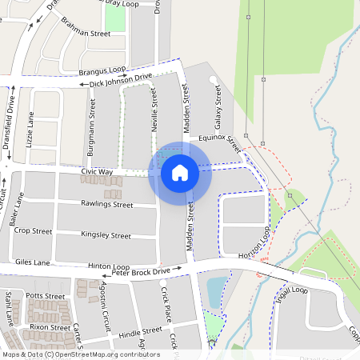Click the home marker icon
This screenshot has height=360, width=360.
pyautogui.click(x=180, y=173)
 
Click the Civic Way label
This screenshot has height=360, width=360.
pyautogui.click(x=96, y=172)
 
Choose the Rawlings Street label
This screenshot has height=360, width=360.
pyautogui.click(x=106, y=205)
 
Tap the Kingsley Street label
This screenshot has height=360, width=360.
pyautogui.click(x=106, y=236)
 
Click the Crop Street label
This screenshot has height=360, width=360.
pyautogui.click(x=33, y=231)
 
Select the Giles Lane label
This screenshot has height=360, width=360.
pyautogui.click(x=33, y=262)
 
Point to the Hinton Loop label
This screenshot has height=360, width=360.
pyautogui.click(x=109, y=266)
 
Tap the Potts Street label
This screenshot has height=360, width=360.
pyautogui.click(x=45, y=296)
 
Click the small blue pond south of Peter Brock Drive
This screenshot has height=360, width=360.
pyautogui.click(x=216, y=291)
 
